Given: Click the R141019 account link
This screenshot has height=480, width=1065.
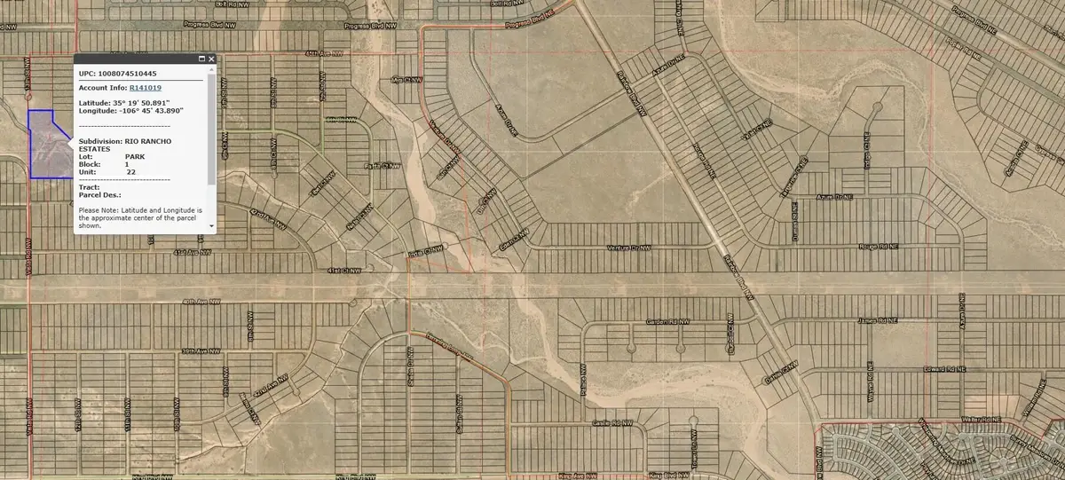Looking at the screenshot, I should [x=146, y=88].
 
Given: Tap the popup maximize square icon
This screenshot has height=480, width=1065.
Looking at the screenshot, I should [x=201, y=59].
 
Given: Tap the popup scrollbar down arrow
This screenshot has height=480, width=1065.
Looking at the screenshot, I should [x=211, y=226].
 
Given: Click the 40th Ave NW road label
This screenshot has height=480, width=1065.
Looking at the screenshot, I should [x=201, y=302].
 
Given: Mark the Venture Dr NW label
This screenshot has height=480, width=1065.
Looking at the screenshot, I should [x=628, y=248].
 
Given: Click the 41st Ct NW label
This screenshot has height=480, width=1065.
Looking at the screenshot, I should [x=344, y=270].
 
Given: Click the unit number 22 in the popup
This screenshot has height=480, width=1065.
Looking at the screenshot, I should [x=131, y=171].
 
